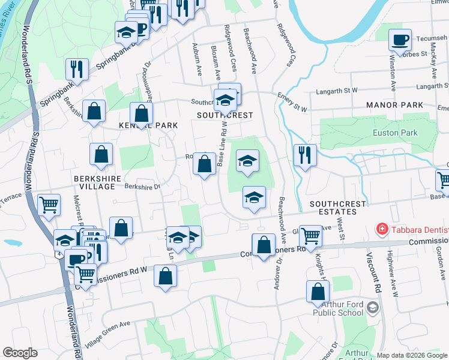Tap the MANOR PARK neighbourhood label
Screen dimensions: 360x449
click(394, 105)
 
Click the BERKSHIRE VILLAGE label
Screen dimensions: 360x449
click(94, 182)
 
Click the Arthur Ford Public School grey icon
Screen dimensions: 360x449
click(373, 308)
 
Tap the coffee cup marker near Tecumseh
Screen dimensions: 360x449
click(400, 41)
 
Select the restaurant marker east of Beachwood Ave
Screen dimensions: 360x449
click(305, 155)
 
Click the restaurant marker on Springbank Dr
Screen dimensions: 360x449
click(77, 69)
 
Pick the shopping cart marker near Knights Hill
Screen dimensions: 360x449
click(310, 235)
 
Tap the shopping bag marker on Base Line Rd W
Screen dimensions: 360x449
click(204, 163)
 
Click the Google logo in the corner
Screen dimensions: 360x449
click(20, 353)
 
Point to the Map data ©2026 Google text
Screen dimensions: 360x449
click(412, 355)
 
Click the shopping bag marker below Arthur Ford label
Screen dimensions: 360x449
click(318, 292)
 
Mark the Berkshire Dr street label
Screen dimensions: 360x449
click(142, 187)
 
